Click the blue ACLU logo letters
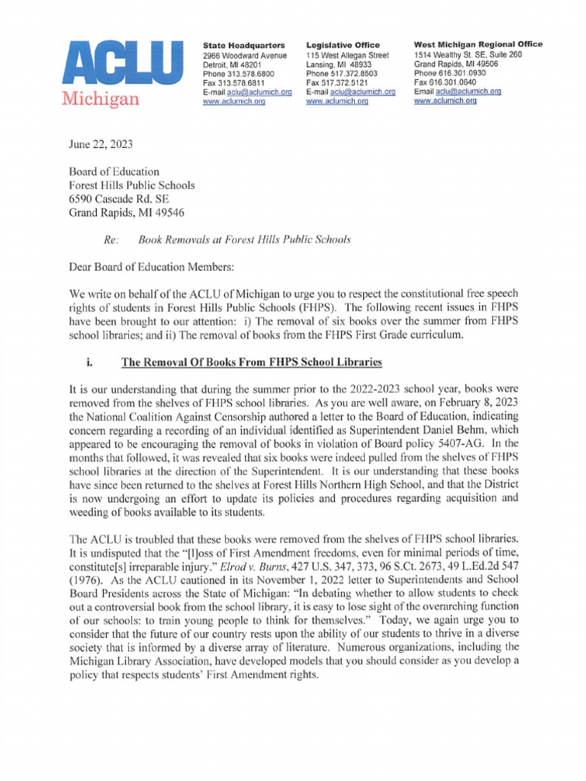(x=116, y=63)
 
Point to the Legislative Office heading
(x=343, y=46)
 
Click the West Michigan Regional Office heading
(x=478, y=44)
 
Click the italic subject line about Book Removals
(x=243, y=239)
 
